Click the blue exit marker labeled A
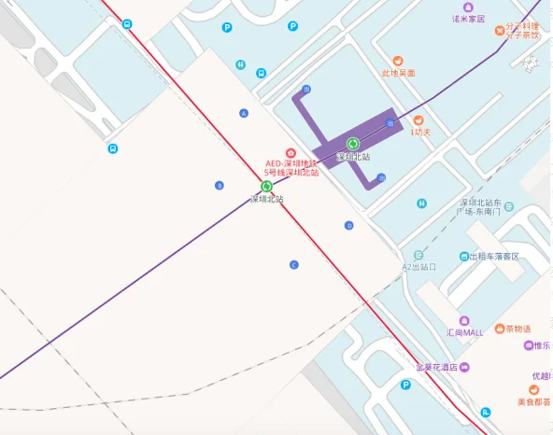point(245,113)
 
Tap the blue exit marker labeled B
point(220,185)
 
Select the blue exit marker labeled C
point(293,264)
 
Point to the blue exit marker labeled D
point(348,225)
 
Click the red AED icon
point(291,152)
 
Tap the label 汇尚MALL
point(464,332)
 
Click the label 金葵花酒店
point(435,367)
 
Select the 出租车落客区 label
point(493,257)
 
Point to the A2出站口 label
point(419,267)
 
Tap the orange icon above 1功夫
point(418,120)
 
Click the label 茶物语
point(517,329)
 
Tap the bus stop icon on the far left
point(112,148)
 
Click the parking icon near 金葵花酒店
point(406,385)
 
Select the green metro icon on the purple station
point(353,144)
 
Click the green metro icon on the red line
point(266,187)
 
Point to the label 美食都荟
point(533,402)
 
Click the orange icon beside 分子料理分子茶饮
point(500,33)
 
